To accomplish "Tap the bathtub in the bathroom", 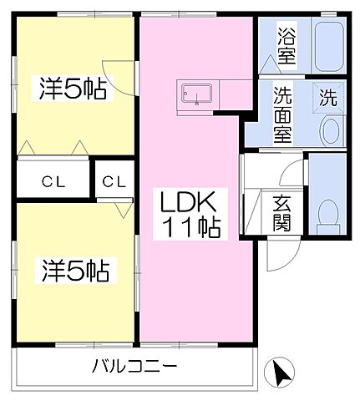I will (x=327, y=46).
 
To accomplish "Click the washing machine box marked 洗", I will (x=329, y=96).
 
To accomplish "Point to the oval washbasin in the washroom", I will (x=331, y=130).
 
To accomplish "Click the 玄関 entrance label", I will (x=281, y=215).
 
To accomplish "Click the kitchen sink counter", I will (x=196, y=96).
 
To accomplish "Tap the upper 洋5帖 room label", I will (x=71, y=88).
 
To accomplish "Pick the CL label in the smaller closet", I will (x=115, y=180).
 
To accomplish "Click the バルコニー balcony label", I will (x=134, y=366).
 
